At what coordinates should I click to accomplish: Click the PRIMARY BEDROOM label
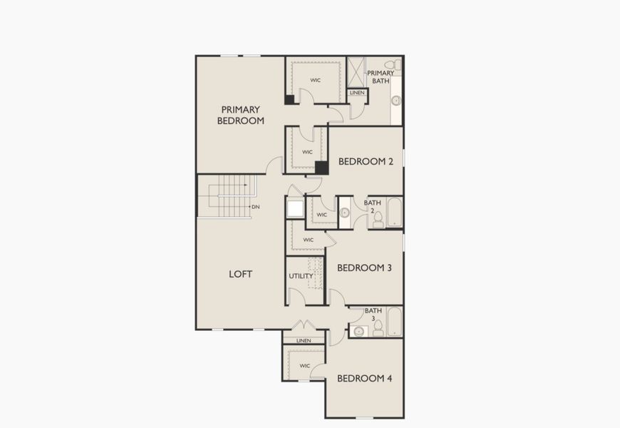[241, 115]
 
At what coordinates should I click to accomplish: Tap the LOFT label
[240, 274]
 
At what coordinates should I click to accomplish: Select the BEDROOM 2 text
[366, 162]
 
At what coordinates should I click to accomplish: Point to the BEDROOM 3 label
[364, 268]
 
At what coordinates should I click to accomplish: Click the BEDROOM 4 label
[364, 378]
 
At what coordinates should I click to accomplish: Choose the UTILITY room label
[301, 276]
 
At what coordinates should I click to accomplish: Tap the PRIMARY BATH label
[381, 77]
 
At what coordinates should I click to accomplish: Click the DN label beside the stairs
[256, 207]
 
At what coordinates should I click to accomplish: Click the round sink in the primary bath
[396, 101]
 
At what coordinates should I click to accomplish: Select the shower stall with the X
[356, 71]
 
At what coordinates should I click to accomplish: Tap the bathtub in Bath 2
[394, 213]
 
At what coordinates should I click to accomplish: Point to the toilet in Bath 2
[378, 219]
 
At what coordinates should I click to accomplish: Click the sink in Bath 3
[358, 330]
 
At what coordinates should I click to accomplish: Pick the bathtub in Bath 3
[394, 322]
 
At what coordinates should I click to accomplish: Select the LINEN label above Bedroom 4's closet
[304, 341]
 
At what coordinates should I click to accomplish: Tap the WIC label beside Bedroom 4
[304, 366]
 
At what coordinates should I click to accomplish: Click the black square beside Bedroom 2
[321, 168]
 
